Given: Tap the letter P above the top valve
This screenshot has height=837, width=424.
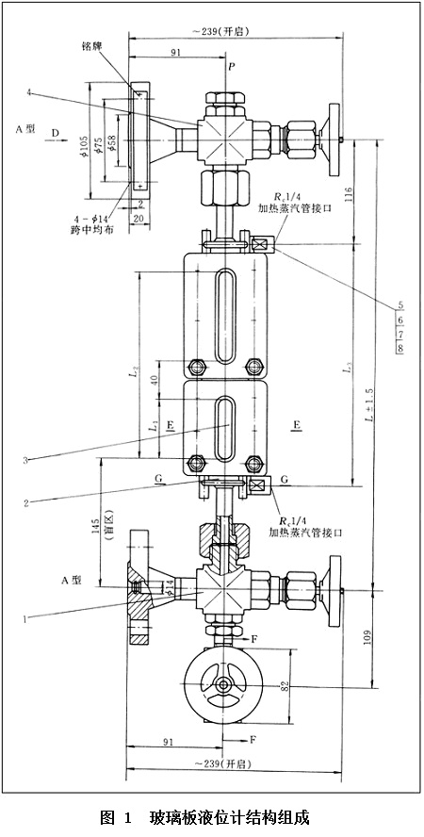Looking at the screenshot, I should point(229,68).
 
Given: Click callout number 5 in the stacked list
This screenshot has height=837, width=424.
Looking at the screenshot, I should point(400,305).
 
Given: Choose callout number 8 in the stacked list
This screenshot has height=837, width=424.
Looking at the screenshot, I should point(400,350).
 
